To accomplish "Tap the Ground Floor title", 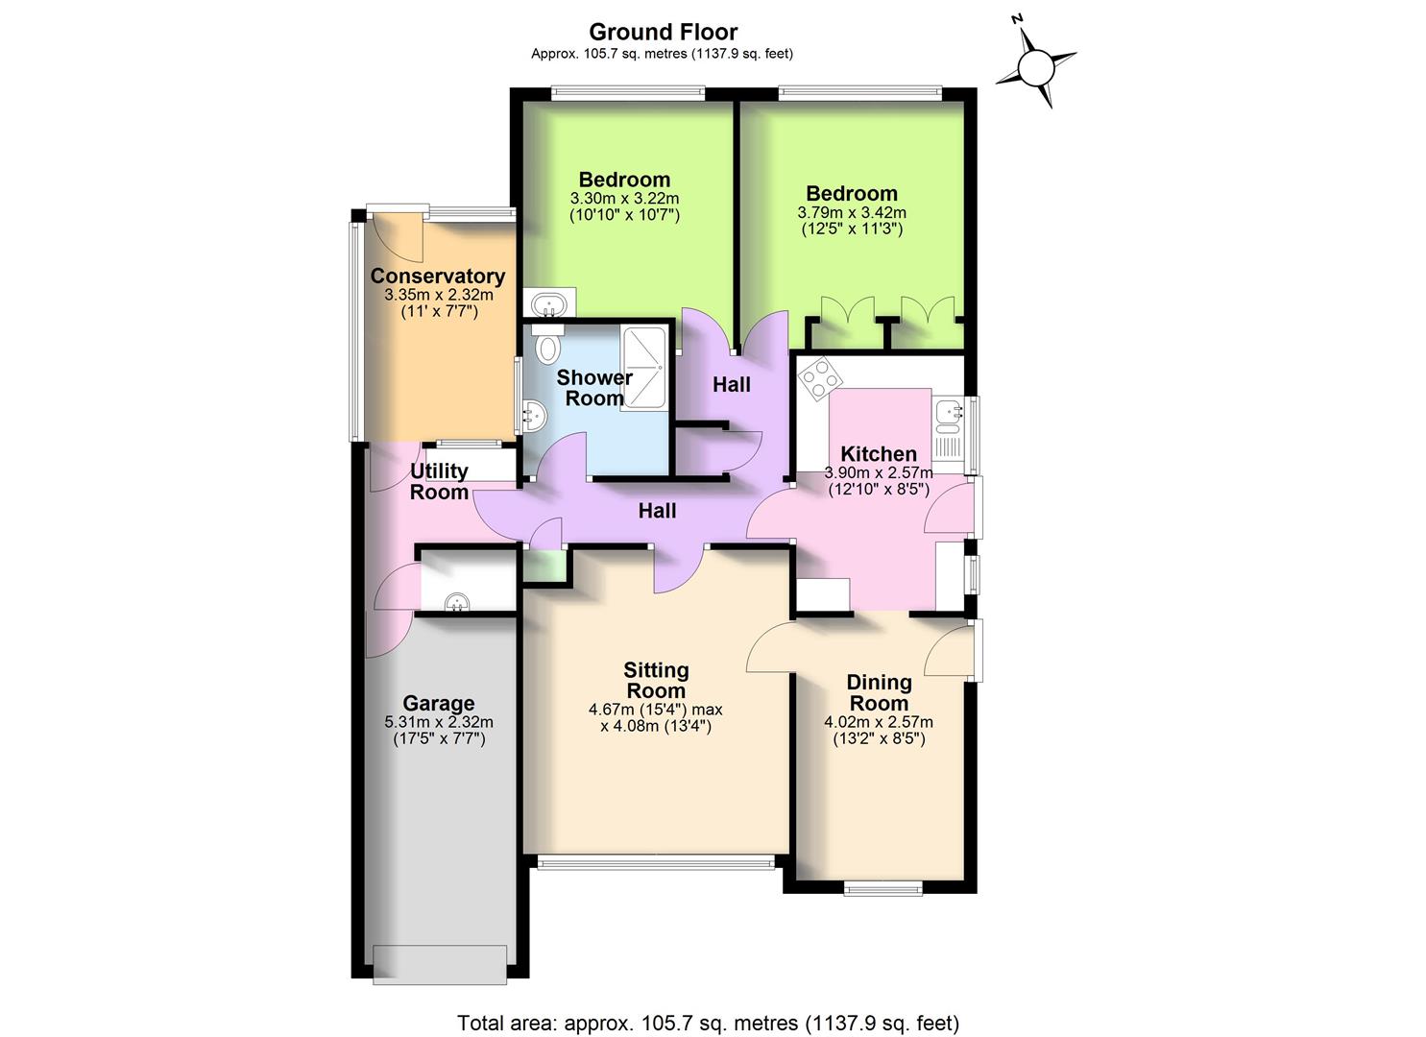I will pyautogui.click(x=663, y=33).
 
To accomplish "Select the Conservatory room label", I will pyautogui.click(x=438, y=277).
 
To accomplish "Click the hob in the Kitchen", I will pyautogui.click(x=819, y=377).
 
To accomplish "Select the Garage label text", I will pyautogui.click(x=438, y=703).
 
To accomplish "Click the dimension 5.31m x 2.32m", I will pyautogui.click(x=438, y=722).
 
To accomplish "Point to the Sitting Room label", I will pyautogui.click(x=656, y=680).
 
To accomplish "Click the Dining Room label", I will pyautogui.click(x=879, y=692).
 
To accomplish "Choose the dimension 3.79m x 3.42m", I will pyautogui.click(x=852, y=212).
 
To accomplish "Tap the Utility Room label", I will pyautogui.click(x=439, y=481).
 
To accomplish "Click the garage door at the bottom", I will pyautogui.click(x=439, y=963).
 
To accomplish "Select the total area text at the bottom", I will pyautogui.click(x=708, y=1023).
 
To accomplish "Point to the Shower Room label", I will pyautogui.click(x=594, y=387).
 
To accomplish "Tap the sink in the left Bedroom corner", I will pyautogui.click(x=550, y=303).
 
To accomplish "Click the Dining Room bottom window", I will pyautogui.click(x=882, y=889).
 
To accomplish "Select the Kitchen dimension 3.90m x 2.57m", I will pyautogui.click(x=879, y=472).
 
